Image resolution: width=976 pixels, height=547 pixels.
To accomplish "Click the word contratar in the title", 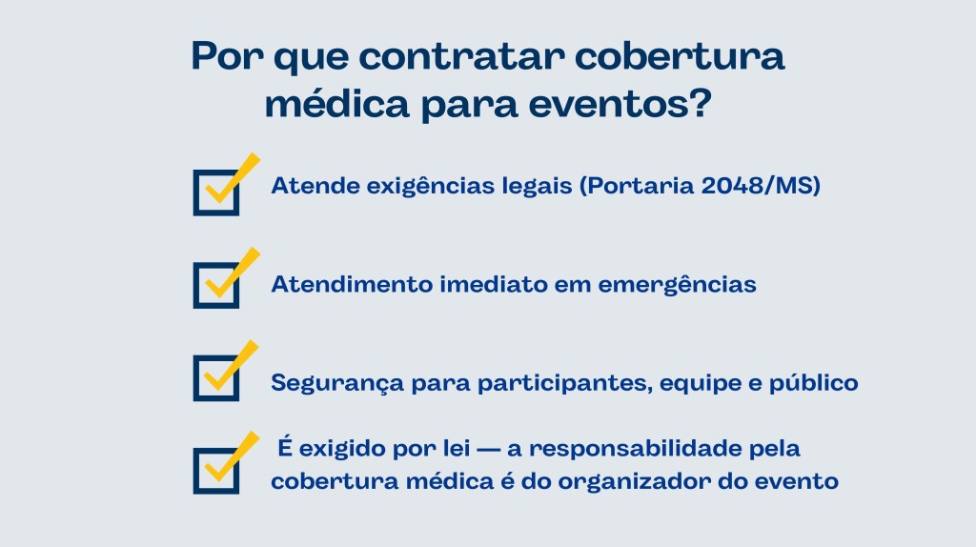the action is pos(461,56).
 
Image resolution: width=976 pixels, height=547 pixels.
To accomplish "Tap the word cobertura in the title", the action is pos(679,56).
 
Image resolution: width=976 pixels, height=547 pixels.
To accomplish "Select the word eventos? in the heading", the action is pos(620,104).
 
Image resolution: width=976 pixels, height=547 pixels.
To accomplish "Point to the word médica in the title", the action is pos(336,103).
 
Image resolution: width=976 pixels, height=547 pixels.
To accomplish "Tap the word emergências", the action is pos(678,285).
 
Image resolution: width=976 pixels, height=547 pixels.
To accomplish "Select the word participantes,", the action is pos(564,383).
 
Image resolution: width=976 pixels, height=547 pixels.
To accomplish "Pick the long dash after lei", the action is pos(488,450).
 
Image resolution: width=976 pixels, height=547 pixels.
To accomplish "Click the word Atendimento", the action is pos(352,284).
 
